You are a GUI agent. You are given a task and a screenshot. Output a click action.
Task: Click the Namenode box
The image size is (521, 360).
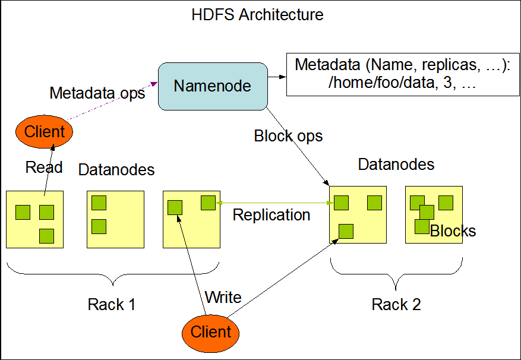[212, 86]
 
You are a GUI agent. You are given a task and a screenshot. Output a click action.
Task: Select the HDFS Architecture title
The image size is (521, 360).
[257, 14]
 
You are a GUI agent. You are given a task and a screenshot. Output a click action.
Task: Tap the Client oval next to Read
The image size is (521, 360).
[45, 131]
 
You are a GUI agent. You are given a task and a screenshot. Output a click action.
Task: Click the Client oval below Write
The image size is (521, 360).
[211, 331]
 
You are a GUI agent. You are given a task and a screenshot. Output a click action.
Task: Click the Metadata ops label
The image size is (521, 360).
[97, 93]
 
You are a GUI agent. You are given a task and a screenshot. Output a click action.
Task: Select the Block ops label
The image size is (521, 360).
[288, 136]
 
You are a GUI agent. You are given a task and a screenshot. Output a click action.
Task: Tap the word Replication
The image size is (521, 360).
[271, 214]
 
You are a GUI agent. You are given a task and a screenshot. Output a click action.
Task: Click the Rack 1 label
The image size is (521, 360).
[112, 305]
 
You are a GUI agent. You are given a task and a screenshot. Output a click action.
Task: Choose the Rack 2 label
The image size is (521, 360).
[396, 305]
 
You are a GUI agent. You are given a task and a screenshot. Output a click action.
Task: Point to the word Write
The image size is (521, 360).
[223, 297]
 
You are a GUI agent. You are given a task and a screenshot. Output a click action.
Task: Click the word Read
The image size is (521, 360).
[44, 168]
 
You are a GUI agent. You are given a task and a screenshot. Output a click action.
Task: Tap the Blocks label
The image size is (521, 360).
[453, 231]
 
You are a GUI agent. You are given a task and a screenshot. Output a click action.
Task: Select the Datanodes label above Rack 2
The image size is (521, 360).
[396, 164]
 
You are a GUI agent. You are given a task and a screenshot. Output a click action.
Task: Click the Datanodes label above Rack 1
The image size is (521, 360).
[116, 170]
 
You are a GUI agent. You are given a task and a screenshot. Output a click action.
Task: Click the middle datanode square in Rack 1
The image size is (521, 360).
[115, 219]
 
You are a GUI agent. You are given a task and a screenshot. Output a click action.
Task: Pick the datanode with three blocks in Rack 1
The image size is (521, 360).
[34, 219]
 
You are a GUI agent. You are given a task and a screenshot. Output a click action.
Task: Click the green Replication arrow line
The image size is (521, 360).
[273, 203]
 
